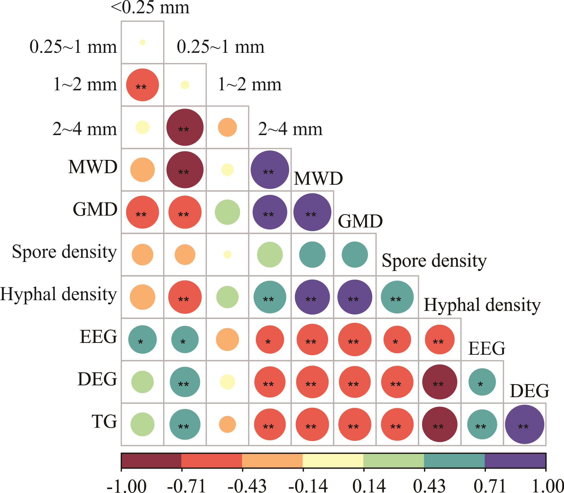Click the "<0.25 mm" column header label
pos(150,8)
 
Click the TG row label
pos(104,422)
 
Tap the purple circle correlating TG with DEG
pos(524,424)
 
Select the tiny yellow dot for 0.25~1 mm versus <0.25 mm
pos(142,42)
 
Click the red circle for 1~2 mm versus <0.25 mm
pos(142,85)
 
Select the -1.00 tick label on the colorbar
pos(126,485)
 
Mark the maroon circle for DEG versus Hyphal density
pos(440,382)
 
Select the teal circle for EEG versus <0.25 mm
pos(142,339)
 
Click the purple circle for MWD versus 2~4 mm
pos(270,170)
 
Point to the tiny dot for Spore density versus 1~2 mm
pos(228,254)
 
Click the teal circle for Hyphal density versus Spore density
pos(397,297)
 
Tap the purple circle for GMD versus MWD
pos(312,212)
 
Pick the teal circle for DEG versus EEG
pos(482,382)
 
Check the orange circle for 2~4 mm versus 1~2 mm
pos(228,127)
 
